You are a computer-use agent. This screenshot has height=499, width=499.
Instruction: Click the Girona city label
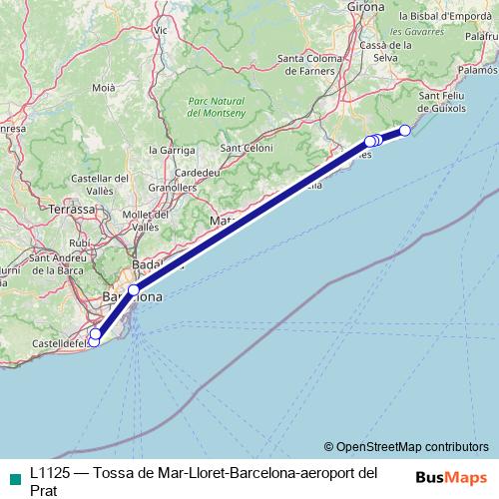point(365,7)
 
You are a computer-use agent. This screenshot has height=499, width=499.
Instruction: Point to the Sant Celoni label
point(247,149)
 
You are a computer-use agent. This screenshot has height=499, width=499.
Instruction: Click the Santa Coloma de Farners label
point(305,65)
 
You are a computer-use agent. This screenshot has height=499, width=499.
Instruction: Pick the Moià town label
point(104,89)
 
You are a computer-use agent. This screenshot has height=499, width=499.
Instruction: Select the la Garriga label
point(169,150)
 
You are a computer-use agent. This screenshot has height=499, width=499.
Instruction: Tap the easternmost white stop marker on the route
point(404,131)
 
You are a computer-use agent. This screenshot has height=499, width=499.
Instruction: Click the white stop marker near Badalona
point(133,289)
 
